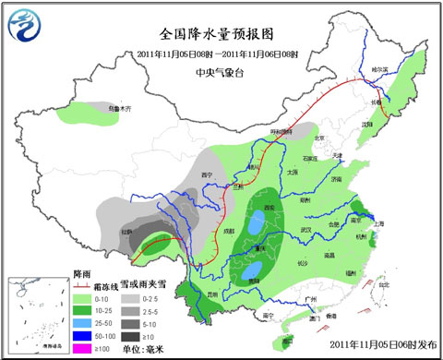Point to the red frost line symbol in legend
click(85, 283)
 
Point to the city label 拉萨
click(127, 233)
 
